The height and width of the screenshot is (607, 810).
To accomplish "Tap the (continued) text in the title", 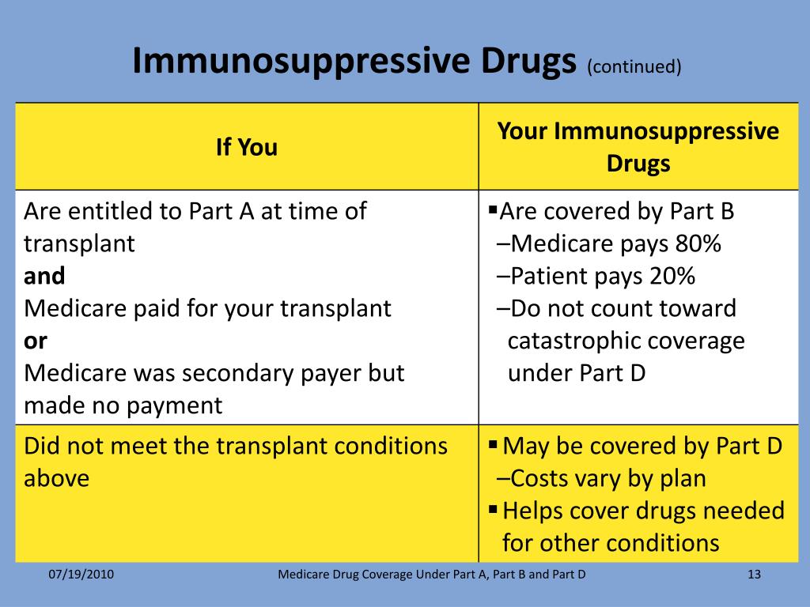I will point(634,66).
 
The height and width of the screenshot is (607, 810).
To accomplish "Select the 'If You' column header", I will point(247,148).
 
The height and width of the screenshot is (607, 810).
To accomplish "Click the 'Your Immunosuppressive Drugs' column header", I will point(638,147).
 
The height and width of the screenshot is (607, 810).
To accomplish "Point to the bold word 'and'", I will point(44,276).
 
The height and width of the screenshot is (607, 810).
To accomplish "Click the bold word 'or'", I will point(36,341).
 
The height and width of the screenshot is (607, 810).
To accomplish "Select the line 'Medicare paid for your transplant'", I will point(207,308).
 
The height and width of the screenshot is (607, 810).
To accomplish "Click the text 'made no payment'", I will point(123,405).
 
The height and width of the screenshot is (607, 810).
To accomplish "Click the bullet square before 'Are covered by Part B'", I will point(493,210).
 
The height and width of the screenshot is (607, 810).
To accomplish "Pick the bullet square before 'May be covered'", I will point(494,445).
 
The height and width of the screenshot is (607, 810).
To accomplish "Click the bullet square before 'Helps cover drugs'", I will point(494,509).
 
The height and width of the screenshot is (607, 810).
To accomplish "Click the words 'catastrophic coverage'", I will point(626,341).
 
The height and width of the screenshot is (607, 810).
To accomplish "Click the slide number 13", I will point(753,575).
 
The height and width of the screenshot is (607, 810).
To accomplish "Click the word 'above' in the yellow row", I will point(56,478).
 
